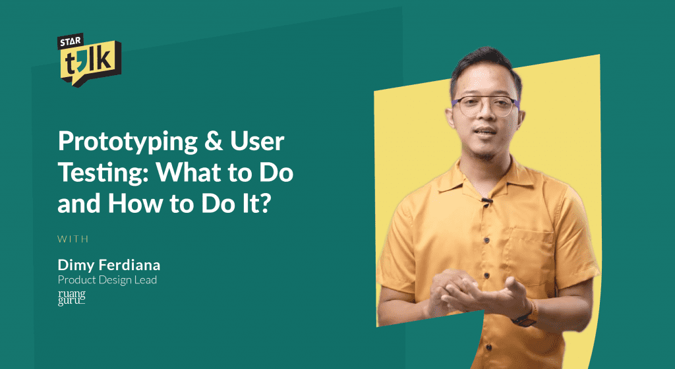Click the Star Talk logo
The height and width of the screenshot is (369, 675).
pyautogui.click(x=89, y=59)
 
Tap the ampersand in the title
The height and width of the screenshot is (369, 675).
pyautogui.click(x=214, y=140)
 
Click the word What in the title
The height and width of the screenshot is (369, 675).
pyautogui.click(x=189, y=171)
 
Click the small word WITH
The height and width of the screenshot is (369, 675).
pyautogui.click(x=73, y=239)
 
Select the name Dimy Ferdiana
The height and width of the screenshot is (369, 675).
pyautogui.click(x=109, y=265)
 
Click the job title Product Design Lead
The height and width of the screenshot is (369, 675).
pyautogui.click(x=107, y=280)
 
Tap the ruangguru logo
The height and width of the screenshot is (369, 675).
pyautogui.click(x=71, y=298)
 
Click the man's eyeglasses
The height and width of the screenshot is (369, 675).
pyautogui.click(x=485, y=106)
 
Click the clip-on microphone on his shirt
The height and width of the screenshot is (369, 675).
pyautogui.click(x=486, y=201)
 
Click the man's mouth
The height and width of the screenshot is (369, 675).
pyautogui.click(x=485, y=130)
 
